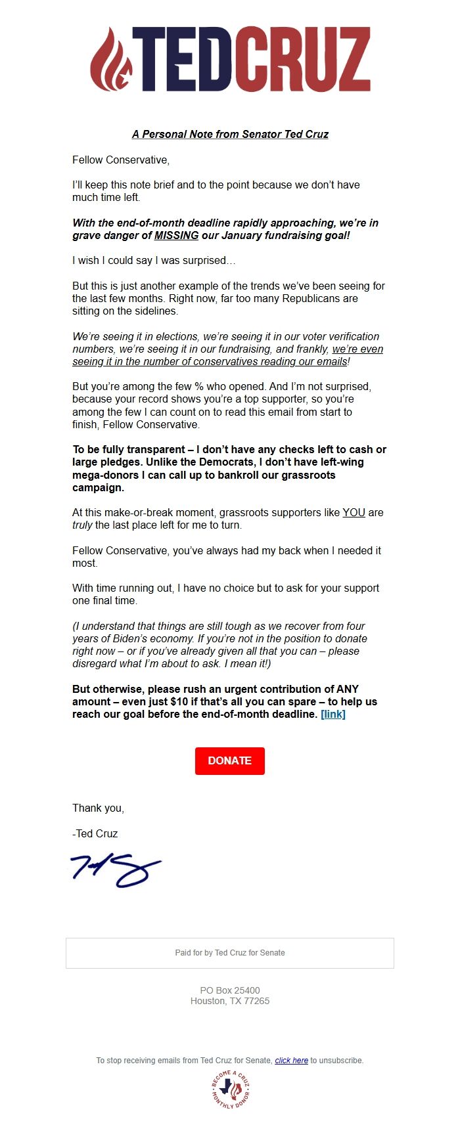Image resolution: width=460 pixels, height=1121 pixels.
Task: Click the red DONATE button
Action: [x=229, y=760]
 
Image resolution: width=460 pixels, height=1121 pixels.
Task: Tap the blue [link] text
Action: [x=333, y=714]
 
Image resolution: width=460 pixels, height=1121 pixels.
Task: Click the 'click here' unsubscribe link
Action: [x=291, y=1060]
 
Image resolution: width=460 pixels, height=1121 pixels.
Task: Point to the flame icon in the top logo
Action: [x=111, y=59]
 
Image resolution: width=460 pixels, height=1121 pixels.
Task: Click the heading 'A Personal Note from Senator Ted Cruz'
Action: [x=230, y=134]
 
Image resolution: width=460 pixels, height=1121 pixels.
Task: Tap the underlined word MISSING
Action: [x=176, y=236]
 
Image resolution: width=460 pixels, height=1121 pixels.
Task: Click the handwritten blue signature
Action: [x=116, y=870]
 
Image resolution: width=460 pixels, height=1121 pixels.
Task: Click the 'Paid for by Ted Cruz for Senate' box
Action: [x=230, y=953]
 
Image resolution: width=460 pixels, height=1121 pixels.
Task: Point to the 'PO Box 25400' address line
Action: [x=230, y=990]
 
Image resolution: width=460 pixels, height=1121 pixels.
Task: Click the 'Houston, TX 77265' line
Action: [x=230, y=1001]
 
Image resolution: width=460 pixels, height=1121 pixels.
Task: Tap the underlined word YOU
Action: [x=354, y=513]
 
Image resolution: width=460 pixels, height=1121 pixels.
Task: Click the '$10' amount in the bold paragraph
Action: [x=179, y=702]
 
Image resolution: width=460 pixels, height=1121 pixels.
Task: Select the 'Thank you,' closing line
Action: [x=98, y=808]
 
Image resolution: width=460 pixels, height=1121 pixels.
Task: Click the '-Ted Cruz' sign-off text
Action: [x=95, y=834]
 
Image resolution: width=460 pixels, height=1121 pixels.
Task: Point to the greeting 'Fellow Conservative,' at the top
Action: [x=121, y=160]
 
